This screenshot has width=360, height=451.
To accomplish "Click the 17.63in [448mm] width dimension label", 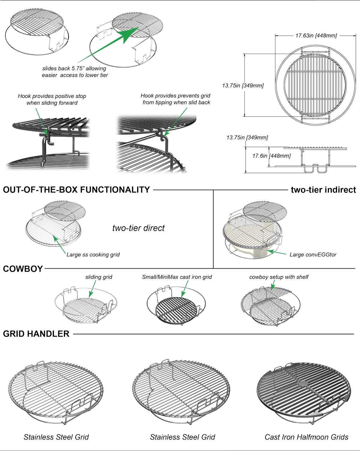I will (316, 36).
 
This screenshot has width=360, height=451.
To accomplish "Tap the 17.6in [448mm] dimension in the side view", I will (271, 156).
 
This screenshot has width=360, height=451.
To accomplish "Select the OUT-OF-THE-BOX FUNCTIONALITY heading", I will (76, 190).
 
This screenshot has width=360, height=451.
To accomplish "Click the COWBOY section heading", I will (23, 269).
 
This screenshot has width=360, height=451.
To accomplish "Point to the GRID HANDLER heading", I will (36, 334).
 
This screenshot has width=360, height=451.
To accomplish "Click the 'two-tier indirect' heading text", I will (323, 190).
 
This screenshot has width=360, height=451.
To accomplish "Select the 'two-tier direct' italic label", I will (138, 228).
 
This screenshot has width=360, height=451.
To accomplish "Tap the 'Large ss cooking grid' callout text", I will (93, 255).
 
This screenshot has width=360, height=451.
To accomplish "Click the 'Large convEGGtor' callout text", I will (313, 255).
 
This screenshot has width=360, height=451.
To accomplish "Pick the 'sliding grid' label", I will (99, 277).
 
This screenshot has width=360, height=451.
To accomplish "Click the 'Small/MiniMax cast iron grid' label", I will (177, 277).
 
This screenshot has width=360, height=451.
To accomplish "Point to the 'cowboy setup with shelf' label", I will (279, 277).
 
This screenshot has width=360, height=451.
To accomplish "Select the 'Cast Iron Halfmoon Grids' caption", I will (306, 437).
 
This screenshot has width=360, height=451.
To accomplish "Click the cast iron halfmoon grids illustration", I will (304, 390).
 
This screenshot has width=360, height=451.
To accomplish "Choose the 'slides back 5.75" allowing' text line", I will (74, 68).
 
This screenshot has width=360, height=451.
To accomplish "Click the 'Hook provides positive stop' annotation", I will (52, 96).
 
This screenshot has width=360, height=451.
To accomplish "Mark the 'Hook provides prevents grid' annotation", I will (175, 96).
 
